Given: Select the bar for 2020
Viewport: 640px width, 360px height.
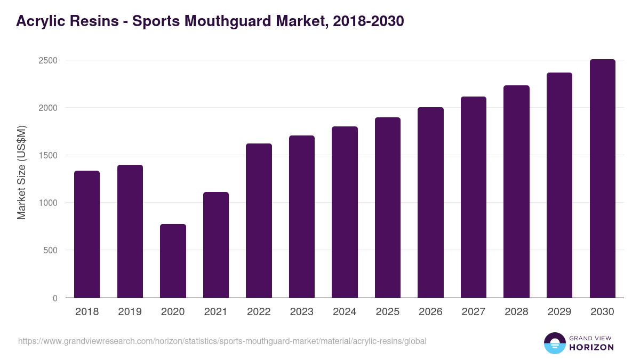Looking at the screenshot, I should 173,261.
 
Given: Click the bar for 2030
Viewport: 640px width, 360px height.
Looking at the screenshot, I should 602,179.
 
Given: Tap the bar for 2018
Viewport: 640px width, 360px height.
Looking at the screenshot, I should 87,234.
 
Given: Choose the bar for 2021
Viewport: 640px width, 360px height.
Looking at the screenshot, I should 216,245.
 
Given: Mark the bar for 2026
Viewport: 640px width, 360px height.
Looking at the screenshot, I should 430,202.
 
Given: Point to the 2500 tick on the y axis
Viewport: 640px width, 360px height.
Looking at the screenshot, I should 47,60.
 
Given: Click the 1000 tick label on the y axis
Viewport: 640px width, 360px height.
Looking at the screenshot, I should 47,203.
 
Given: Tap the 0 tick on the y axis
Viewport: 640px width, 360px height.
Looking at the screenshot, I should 55,298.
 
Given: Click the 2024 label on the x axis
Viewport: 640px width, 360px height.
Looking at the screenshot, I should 345,312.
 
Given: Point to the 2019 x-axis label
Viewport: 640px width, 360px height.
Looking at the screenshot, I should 130,312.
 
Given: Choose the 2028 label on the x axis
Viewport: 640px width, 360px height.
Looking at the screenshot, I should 516,312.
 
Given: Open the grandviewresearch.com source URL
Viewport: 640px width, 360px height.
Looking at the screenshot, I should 222,341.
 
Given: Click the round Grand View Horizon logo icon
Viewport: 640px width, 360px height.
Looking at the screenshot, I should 554,343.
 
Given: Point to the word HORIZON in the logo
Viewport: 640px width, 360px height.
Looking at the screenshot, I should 590,347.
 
